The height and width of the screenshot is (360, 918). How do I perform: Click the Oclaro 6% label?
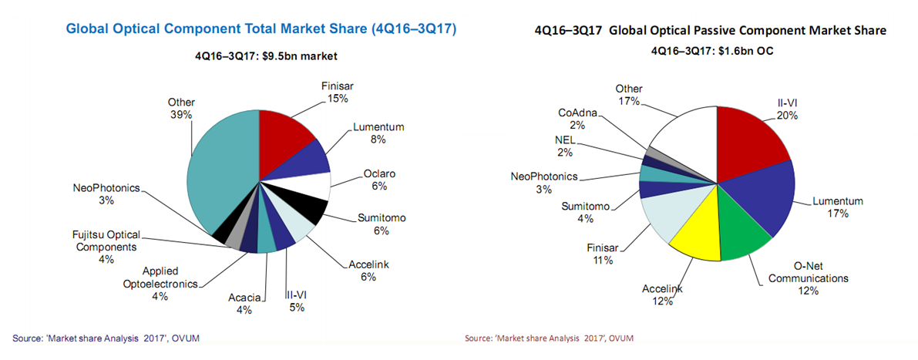pos(379,180)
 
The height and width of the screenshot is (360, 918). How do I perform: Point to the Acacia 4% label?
pos(245,302)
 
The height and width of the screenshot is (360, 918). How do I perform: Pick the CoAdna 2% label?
pos(577,119)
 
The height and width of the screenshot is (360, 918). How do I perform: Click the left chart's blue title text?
pos(261,29)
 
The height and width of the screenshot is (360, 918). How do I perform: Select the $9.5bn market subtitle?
pos(261,56)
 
